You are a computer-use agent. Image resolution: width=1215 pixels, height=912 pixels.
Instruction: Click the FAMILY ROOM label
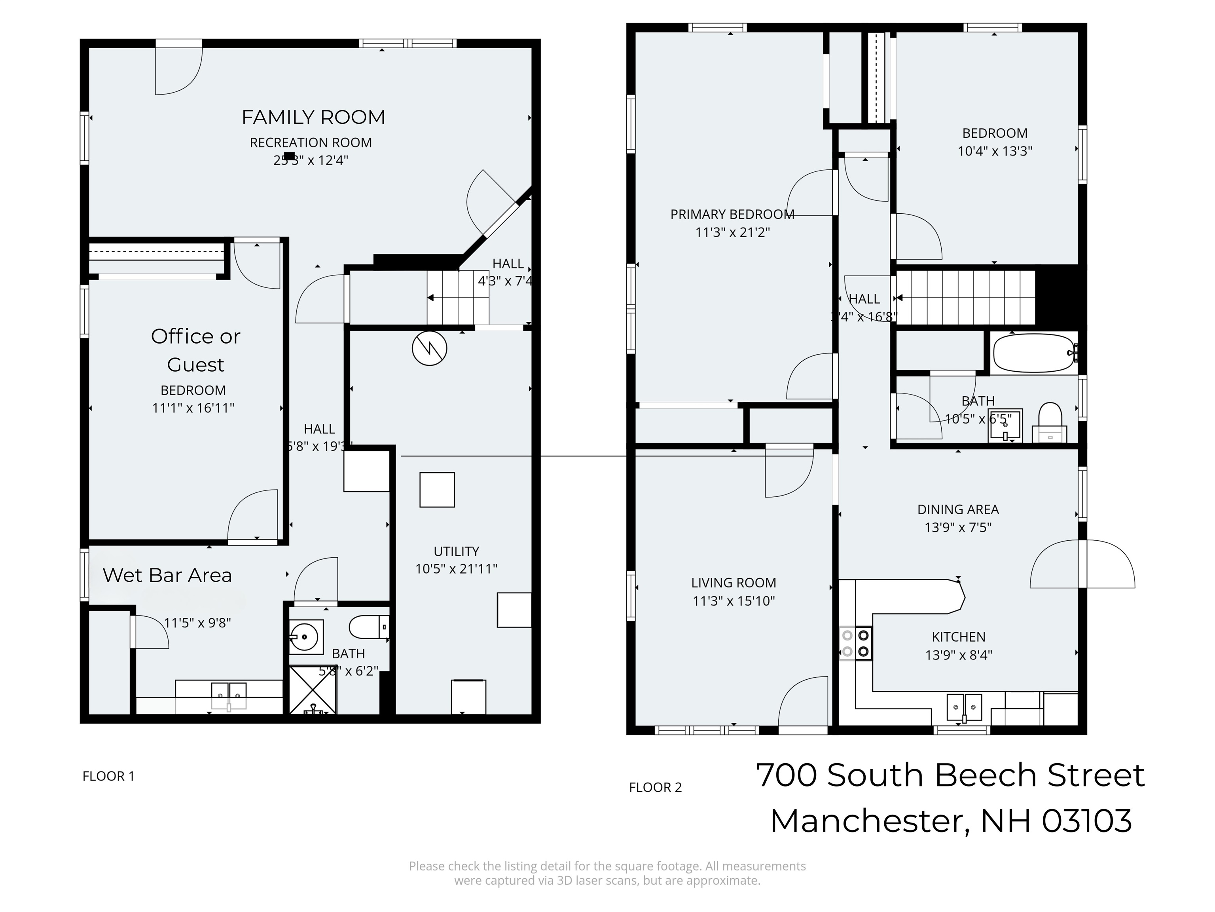pos(313,117)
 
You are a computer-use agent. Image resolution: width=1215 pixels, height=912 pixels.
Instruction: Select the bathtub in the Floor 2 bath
pos(1034,353)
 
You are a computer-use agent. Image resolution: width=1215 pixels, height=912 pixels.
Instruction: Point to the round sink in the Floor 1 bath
pos(305,637)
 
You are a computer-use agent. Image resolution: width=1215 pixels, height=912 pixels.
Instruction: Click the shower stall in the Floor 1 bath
pos(313,690)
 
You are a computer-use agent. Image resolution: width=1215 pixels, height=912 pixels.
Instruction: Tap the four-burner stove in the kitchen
pos(855,643)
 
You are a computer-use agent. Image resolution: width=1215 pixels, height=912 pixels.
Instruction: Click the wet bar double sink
pos(229,695)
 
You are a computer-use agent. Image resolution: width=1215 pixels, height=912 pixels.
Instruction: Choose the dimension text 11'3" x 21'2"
pos(732,232)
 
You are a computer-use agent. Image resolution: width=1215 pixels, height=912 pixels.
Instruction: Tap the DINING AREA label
pos(957,509)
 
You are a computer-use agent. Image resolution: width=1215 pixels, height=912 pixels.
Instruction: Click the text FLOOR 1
pos(108,776)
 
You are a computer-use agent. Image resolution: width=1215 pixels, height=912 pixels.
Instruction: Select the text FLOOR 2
pos(655,787)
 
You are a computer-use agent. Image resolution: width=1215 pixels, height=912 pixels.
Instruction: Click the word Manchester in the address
pos(865,821)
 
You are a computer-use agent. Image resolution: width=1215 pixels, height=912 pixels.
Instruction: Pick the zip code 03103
pos(1086,821)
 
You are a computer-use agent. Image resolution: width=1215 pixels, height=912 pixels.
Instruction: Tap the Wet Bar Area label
pos(167,575)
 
